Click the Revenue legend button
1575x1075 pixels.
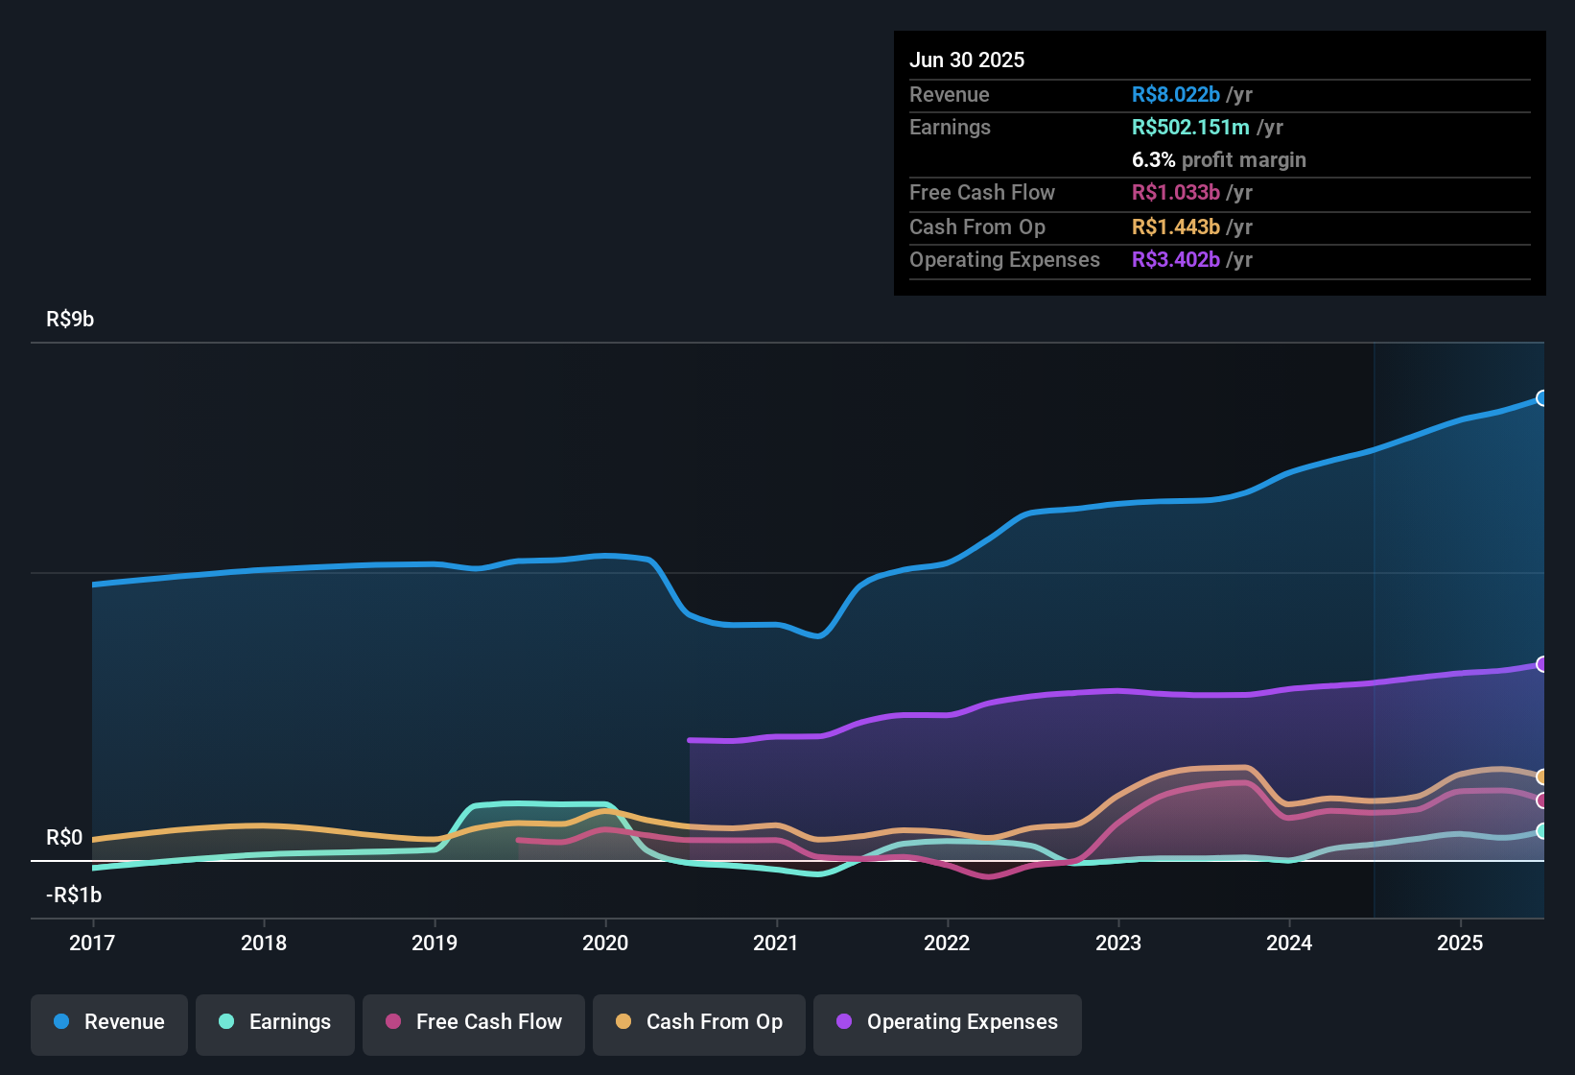(x=109, y=1022)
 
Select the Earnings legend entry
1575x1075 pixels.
(x=275, y=1022)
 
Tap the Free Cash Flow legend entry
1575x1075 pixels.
(x=474, y=1022)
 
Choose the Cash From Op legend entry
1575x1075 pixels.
(x=699, y=1022)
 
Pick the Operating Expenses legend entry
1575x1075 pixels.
(x=948, y=1022)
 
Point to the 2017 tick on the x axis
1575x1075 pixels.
(x=92, y=943)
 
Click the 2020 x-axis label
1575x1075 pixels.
(x=605, y=943)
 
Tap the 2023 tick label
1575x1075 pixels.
(x=1118, y=943)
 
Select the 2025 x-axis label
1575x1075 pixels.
(x=1460, y=943)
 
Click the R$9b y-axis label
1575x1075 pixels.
(x=70, y=320)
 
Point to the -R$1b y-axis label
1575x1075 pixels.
(x=74, y=896)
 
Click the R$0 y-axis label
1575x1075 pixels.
(x=64, y=838)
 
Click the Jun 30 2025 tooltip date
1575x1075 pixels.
(x=967, y=60)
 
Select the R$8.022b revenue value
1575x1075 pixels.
(x=1176, y=94)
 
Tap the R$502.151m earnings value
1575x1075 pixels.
(x=1190, y=128)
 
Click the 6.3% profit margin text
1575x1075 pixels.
(x=1219, y=160)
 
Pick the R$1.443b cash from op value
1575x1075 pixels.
(x=1176, y=227)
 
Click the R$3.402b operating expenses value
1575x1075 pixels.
(x=1176, y=260)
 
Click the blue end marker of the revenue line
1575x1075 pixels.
(x=1541, y=398)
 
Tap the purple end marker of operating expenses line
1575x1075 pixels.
(x=1541, y=664)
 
